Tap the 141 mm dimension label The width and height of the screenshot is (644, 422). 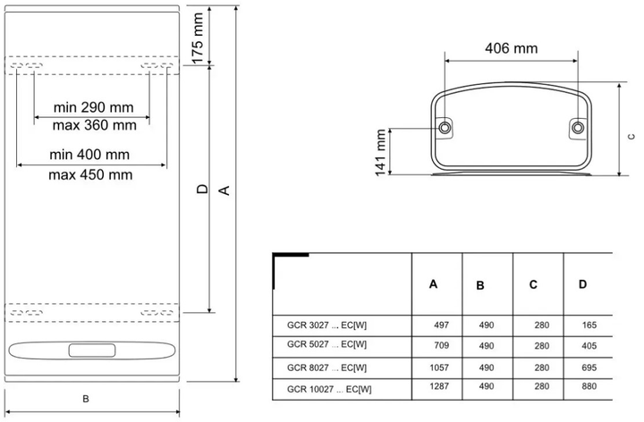click(x=382, y=151)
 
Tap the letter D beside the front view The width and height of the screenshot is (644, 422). click(x=202, y=190)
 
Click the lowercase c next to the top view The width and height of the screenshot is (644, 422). click(x=631, y=137)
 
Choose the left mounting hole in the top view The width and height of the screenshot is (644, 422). click(x=445, y=129)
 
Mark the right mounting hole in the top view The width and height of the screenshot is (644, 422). click(x=578, y=129)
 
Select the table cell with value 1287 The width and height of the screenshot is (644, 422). click(x=436, y=388)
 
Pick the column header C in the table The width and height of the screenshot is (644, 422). click(x=533, y=285)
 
